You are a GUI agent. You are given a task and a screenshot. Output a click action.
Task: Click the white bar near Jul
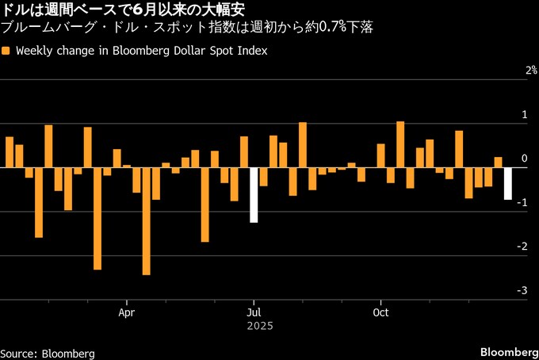coord(254,195)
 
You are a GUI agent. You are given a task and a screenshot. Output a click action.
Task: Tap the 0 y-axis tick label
coord(523,159)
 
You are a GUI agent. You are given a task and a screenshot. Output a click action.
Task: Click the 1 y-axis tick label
coord(523,115)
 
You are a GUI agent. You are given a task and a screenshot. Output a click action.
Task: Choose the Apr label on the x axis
coord(127,312)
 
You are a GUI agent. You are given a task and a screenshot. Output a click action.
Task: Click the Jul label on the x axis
coord(254,312)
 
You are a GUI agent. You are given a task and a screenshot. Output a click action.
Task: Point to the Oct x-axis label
coord(381,312)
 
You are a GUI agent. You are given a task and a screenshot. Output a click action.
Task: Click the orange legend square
coord(6,51)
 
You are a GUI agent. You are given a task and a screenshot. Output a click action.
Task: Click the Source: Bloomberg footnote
coord(48,352)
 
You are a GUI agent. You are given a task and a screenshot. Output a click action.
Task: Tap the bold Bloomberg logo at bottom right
coord(508,351)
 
